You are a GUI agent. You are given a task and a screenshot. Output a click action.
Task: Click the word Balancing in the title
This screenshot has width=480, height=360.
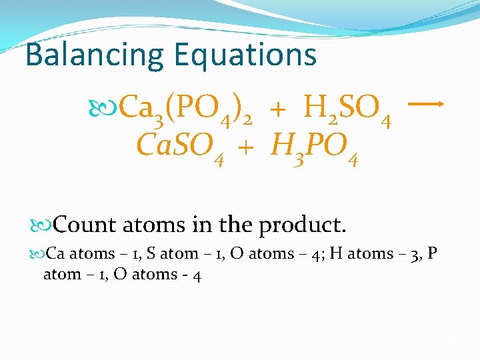click(94, 55)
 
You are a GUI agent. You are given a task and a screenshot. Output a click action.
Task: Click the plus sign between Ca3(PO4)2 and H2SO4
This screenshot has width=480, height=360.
click(279, 108)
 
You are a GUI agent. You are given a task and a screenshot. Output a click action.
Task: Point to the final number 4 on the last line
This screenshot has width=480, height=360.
click(197, 274)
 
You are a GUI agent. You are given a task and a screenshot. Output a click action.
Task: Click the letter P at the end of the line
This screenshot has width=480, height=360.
click(433, 253)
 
